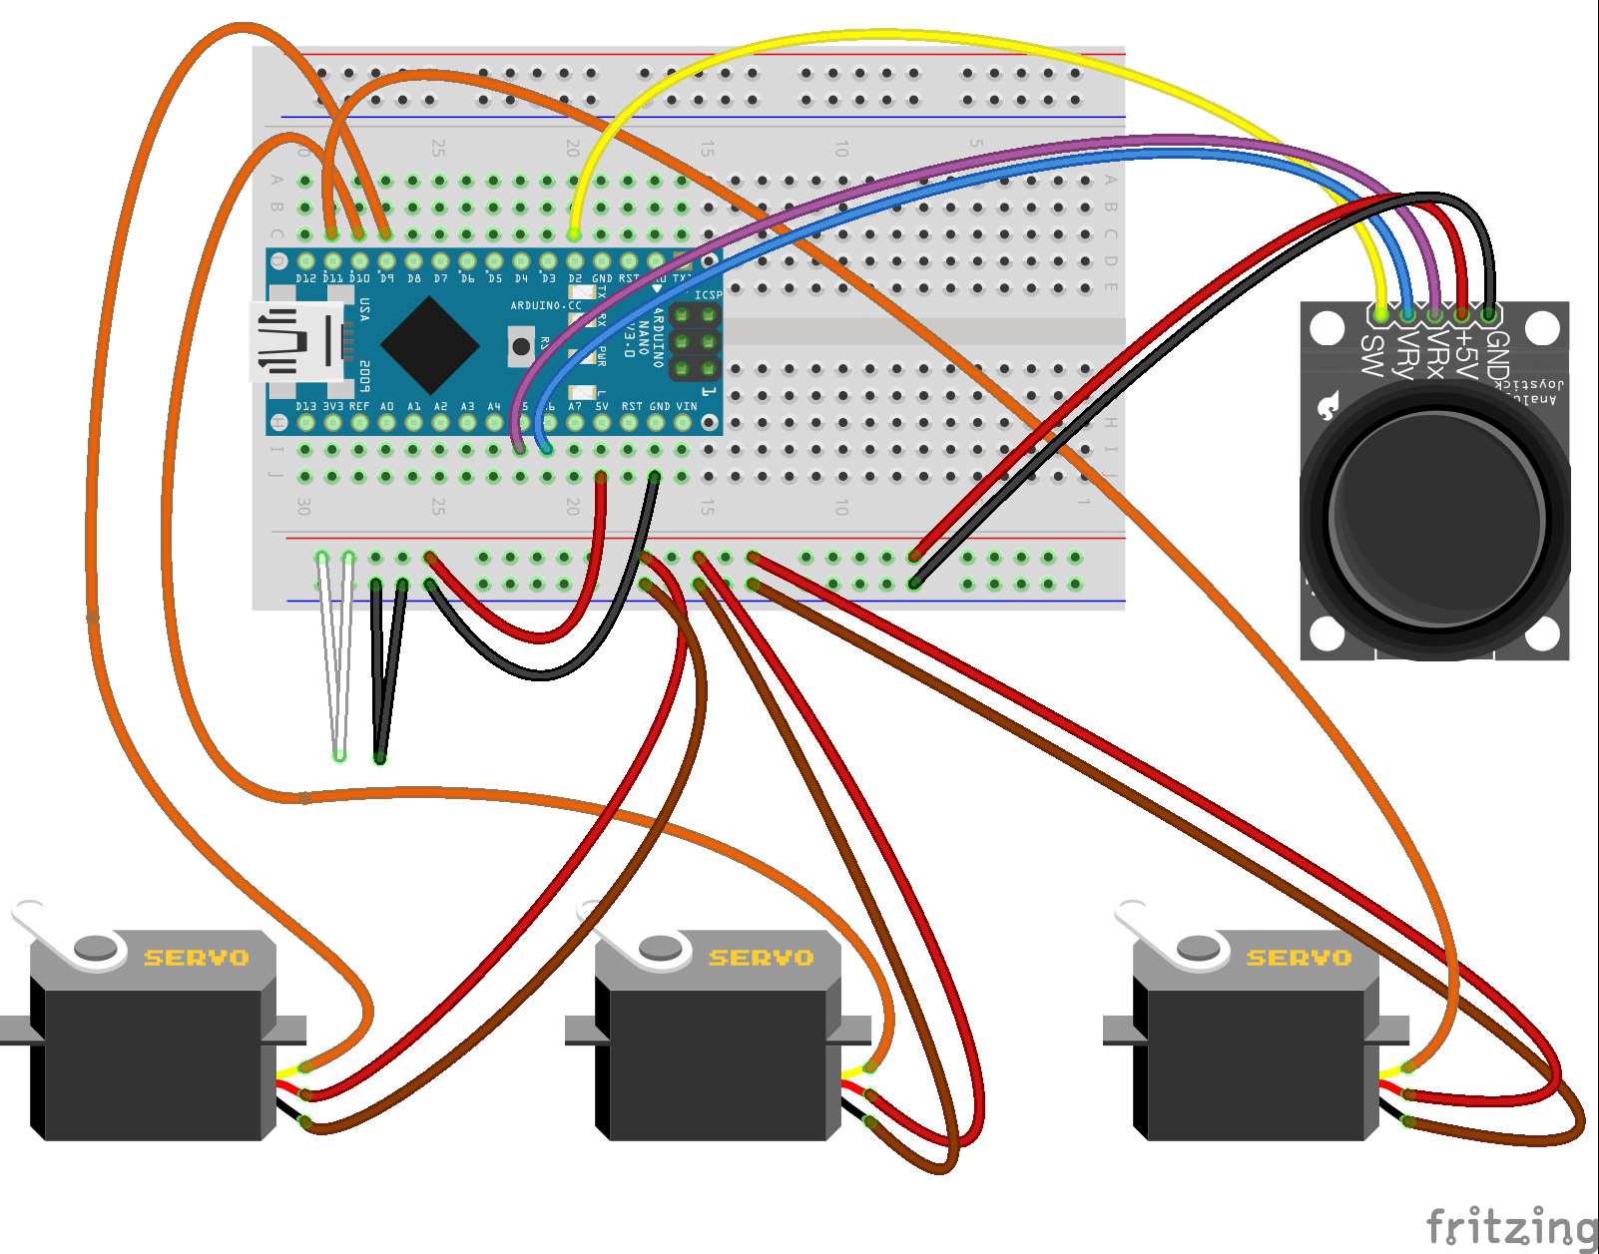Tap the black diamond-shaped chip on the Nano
pos(431,344)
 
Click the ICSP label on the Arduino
pos(708,295)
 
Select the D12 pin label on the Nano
pos(306,278)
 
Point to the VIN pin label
pos(687,407)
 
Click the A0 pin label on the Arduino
pos(387,407)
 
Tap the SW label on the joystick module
pos(1373,356)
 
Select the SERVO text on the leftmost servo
pos(197,958)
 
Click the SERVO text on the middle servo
pos(761,958)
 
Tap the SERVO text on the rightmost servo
pos(1299,958)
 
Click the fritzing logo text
pos(1510,1225)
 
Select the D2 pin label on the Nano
pos(575,278)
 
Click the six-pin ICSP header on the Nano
pos(695,342)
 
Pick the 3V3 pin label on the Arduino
pos(333,407)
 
